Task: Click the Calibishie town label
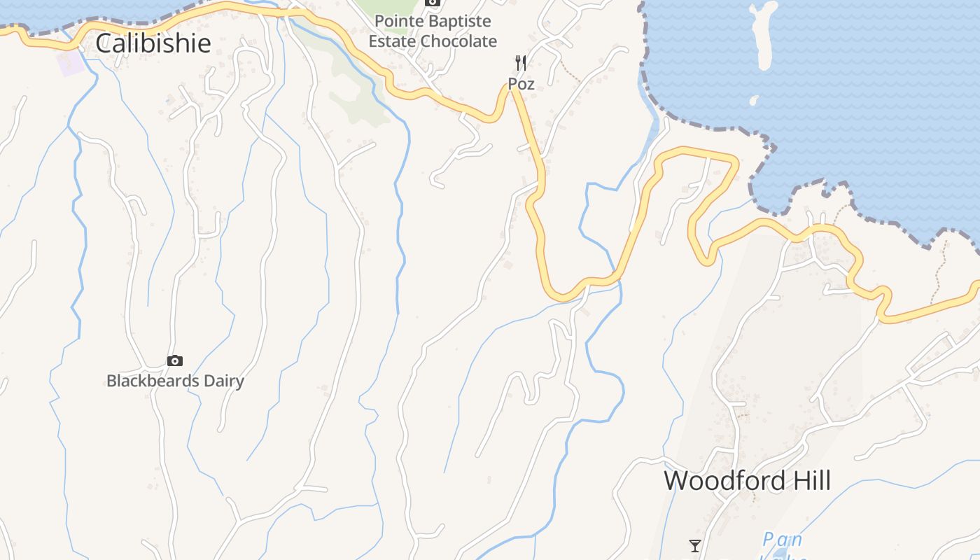coord(153,43)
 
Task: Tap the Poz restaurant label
coord(521,84)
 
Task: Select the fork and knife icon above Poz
coord(520,63)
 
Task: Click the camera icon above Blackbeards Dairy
coord(175,361)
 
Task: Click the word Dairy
coord(220,381)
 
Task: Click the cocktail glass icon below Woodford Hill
coord(694,545)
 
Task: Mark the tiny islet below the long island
coord(754,100)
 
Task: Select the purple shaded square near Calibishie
coord(71,62)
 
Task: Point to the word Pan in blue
coord(782,540)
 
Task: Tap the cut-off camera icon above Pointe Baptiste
coord(433,3)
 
